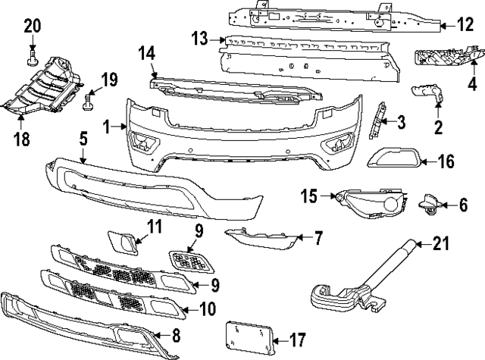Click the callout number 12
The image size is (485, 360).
click(x=465, y=25)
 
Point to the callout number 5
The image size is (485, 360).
click(x=83, y=139)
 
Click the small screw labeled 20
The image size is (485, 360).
click(x=32, y=55)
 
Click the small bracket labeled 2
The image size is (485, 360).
click(x=430, y=94)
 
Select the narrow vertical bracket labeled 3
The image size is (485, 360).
click(x=375, y=121)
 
